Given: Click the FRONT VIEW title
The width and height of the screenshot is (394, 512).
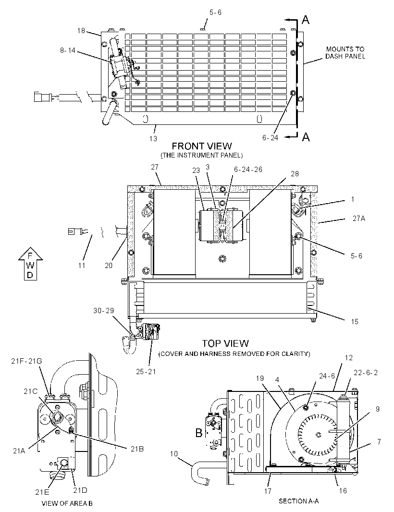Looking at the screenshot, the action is [x=202, y=146].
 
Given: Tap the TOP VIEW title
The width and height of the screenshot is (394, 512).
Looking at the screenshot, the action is [x=225, y=343].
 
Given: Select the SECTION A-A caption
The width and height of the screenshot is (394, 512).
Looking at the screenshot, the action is [x=298, y=501].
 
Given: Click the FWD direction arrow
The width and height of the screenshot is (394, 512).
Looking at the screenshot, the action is [x=30, y=264].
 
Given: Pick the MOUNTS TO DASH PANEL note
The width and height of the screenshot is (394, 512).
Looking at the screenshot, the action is [x=345, y=52].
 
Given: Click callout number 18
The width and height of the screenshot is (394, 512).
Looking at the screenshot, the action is [x=81, y=31].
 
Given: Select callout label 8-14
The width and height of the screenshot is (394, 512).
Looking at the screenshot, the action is [x=68, y=50].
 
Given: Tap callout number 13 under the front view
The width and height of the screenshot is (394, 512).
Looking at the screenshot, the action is [x=153, y=138].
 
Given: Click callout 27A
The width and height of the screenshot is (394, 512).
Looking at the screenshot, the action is [x=359, y=219].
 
